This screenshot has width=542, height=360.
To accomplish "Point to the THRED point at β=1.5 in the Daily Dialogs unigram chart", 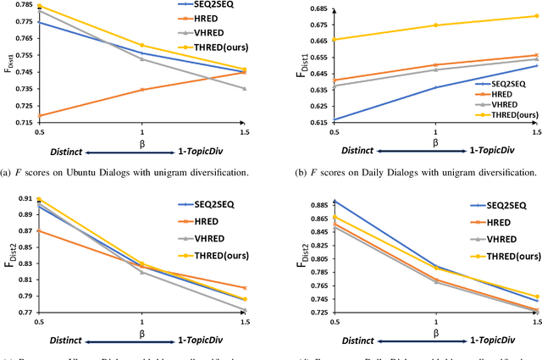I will (x=536, y=16).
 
